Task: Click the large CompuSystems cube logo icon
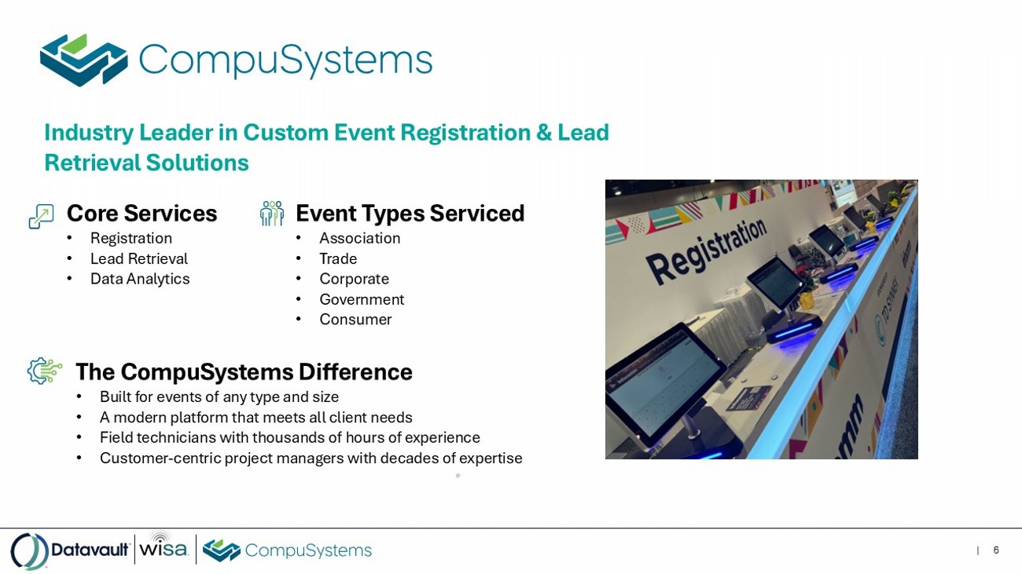(x=83, y=60)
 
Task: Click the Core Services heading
(x=142, y=214)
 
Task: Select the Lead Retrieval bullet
(x=138, y=259)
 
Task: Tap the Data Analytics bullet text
(x=140, y=279)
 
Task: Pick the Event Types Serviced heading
(x=410, y=214)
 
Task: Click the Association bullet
(x=359, y=238)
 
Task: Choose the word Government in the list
(x=362, y=299)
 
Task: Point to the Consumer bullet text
(x=355, y=320)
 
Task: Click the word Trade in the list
(x=338, y=259)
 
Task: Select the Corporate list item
(x=354, y=279)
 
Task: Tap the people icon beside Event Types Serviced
(x=272, y=214)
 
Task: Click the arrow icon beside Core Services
(x=41, y=216)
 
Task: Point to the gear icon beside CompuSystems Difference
(x=44, y=371)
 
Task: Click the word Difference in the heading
(x=355, y=371)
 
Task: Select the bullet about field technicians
(x=290, y=437)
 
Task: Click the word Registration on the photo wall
(x=706, y=250)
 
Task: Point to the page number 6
(x=996, y=550)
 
